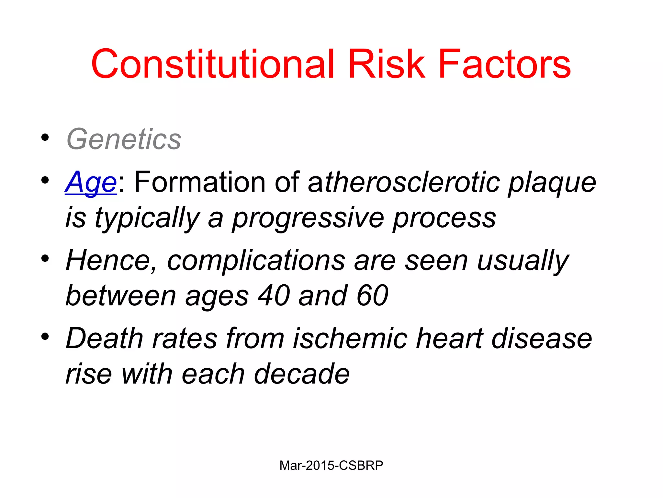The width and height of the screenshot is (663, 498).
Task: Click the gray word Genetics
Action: coord(124,139)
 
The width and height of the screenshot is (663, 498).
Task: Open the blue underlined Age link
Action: coord(91,183)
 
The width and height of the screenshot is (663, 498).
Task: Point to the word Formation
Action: coord(200,182)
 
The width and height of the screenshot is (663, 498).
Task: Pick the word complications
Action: coord(256,261)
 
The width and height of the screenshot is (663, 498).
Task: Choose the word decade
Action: coord(301,374)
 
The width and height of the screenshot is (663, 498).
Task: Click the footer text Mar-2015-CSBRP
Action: coord(331,465)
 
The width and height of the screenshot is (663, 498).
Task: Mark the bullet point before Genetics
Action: coord(45,137)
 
